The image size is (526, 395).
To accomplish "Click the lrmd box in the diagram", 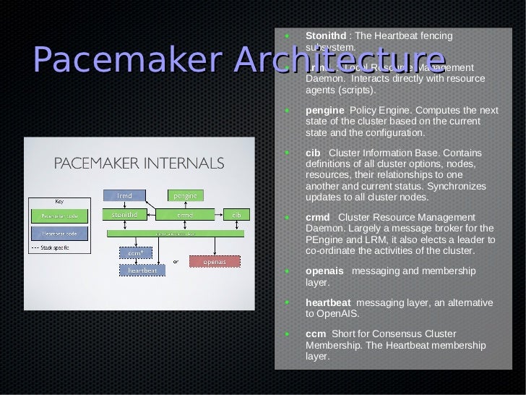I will [124, 195].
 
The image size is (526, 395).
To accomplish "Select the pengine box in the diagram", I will [186, 195].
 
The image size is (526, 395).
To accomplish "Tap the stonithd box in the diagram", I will [124, 214].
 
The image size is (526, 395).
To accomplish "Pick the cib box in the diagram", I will [236, 214].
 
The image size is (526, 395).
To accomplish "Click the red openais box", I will [213, 260].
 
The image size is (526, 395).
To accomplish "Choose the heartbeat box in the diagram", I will [142, 270].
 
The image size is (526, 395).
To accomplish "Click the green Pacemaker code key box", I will [59, 215].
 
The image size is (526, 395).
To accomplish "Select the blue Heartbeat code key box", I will [59, 234].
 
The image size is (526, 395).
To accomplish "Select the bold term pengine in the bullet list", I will [324, 111].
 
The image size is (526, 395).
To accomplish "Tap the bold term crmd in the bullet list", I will [318, 218].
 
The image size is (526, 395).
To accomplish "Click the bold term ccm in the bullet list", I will [315, 334].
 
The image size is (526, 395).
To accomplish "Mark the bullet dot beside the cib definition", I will [288, 154].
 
